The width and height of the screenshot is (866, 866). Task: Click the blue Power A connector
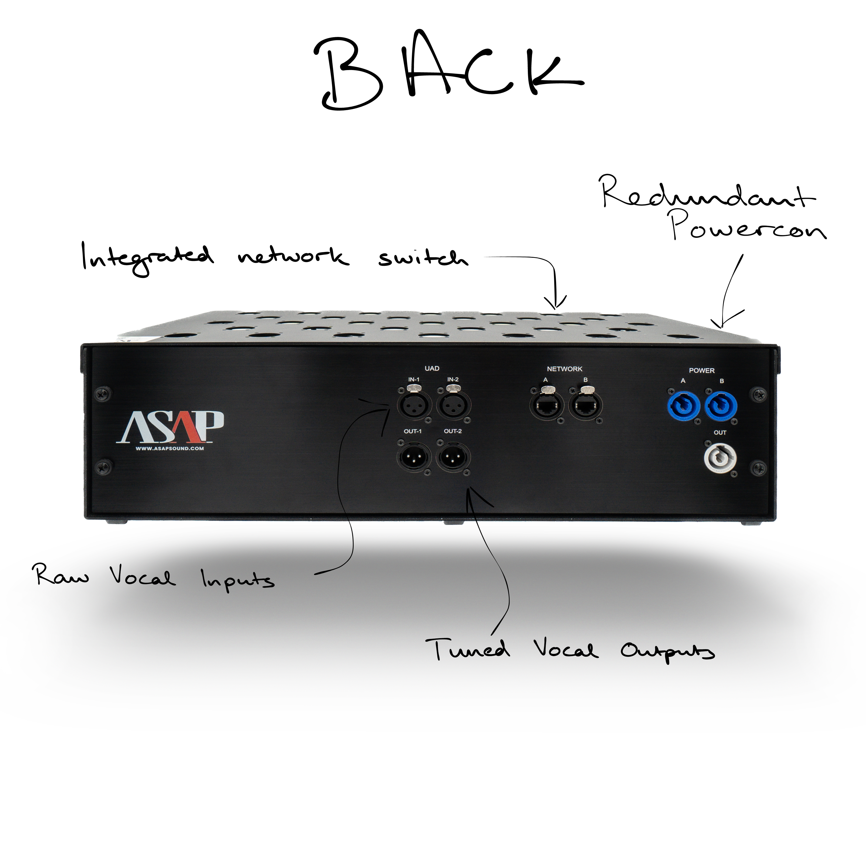[683, 406]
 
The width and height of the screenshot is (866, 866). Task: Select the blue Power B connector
[721, 406]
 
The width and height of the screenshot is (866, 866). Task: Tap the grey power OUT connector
[720, 458]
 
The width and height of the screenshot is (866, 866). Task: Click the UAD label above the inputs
[432, 368]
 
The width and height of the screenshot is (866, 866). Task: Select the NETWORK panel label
[564, 369]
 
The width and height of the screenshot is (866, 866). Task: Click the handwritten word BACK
[448, 72]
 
